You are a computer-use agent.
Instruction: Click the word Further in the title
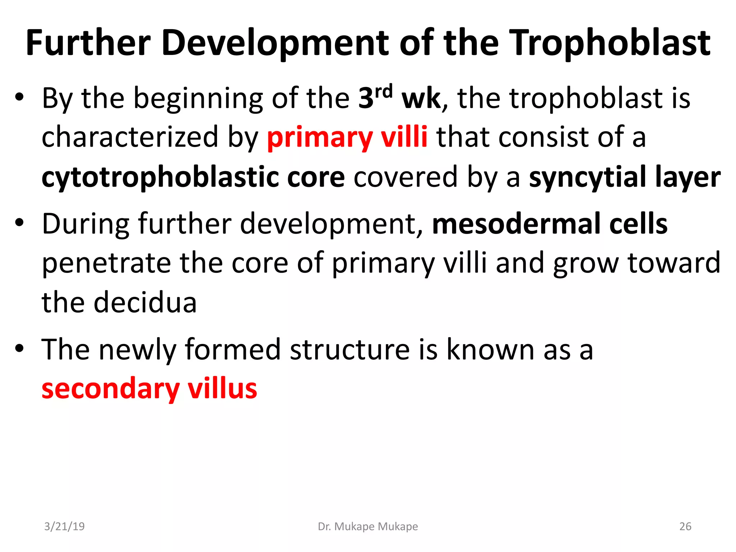[x=88, y=43]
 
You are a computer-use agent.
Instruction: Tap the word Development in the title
[x=275, y=43]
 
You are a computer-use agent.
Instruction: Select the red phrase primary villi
[x=347, y=137]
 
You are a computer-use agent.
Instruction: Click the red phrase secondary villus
[x=149, y=389]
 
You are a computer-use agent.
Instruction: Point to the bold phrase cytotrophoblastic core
[x=193, y=177]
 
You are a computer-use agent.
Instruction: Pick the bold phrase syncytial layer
[x=625, y=177]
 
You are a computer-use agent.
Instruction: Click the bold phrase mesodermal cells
[x=549, y=224]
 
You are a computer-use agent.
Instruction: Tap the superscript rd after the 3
[x=383, y=92]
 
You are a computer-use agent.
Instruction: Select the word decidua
[x=145, y=303]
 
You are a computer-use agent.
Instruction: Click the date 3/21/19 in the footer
[x=64, y=526]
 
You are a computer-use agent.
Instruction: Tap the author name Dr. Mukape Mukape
[x=368, y=526]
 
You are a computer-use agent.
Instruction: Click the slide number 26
[x=685, y=526]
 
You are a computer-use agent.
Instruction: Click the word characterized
[x=130, y=137]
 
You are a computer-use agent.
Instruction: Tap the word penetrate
[x=106, y=263]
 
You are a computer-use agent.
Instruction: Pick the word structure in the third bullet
[x=349, y=350]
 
